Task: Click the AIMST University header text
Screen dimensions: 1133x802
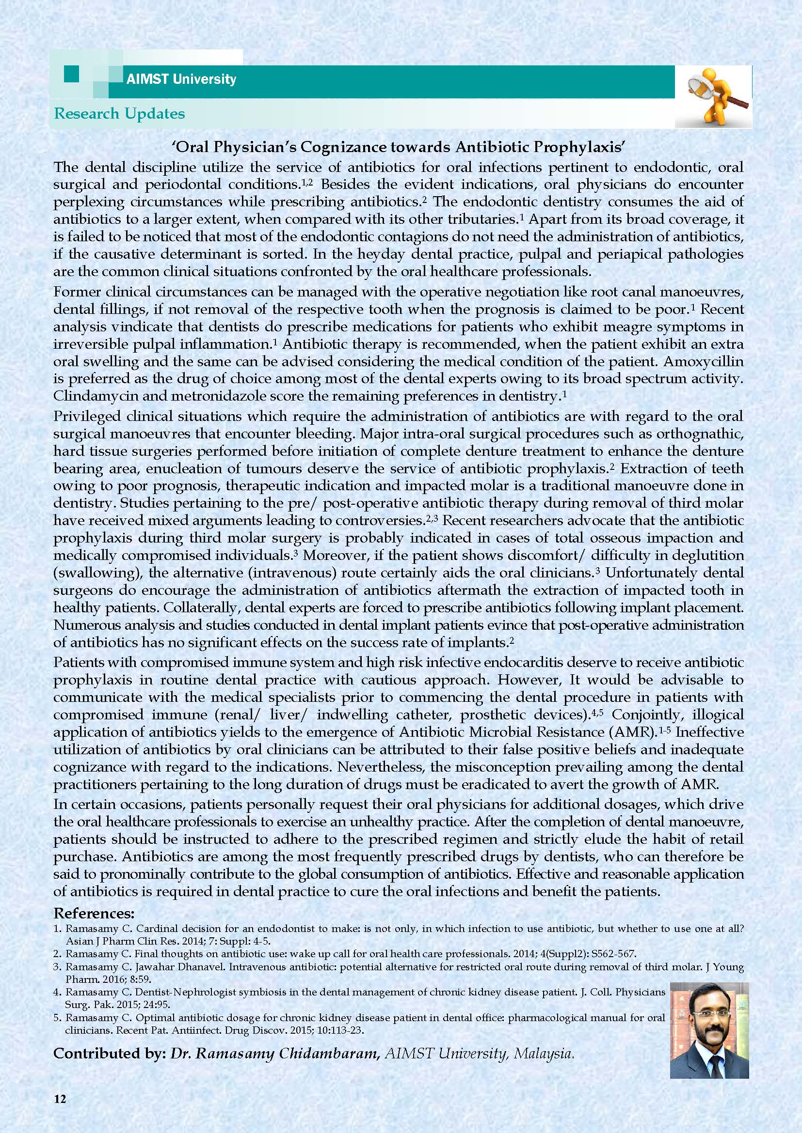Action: (x=181, y=79)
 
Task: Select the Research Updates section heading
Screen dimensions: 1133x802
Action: (x=119, y=113)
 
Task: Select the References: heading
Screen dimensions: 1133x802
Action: (x=93, y=913)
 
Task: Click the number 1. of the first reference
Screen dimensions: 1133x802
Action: (x=57, y=928)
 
